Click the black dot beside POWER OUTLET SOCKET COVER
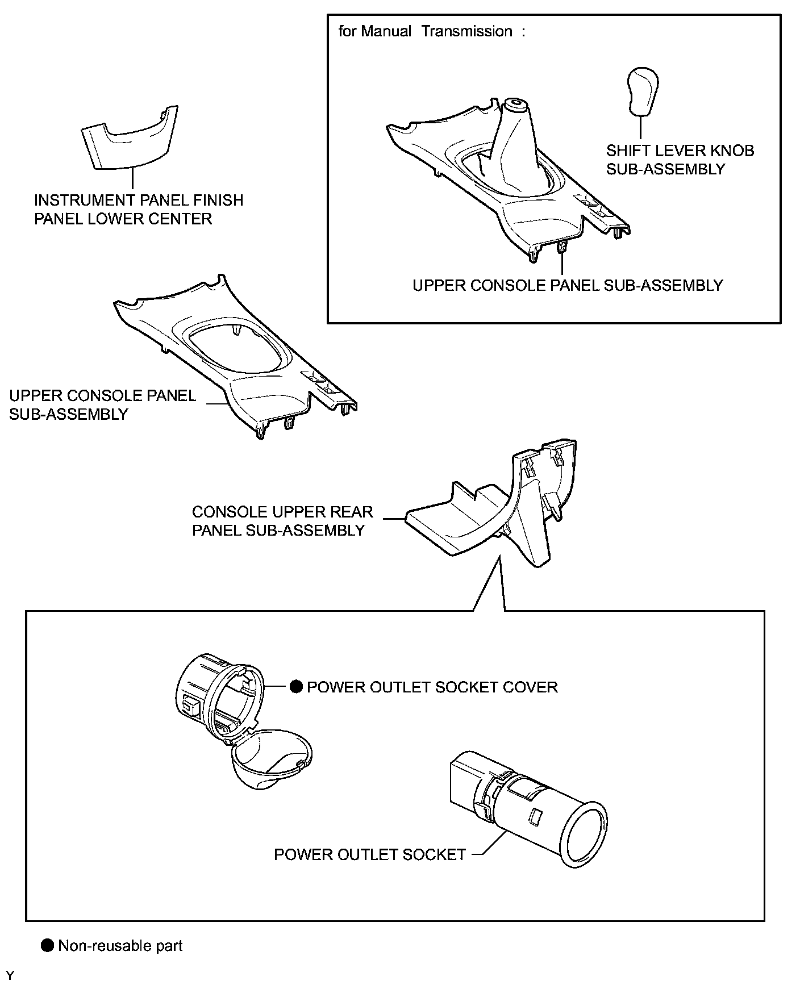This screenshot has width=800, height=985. pyautogui.click(x=295, y=687)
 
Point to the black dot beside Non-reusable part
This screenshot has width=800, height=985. pyautogui.click(x=47, y=945)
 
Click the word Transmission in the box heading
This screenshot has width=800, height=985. pyautogui.click(x=466, y=31)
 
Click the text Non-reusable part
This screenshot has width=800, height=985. pyautogui.click(x=120, y=946)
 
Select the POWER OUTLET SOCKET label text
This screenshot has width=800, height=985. pyautogui.click(x=369, y=854)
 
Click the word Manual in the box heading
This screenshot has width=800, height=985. pyautogui.click(x=386, y=31)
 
